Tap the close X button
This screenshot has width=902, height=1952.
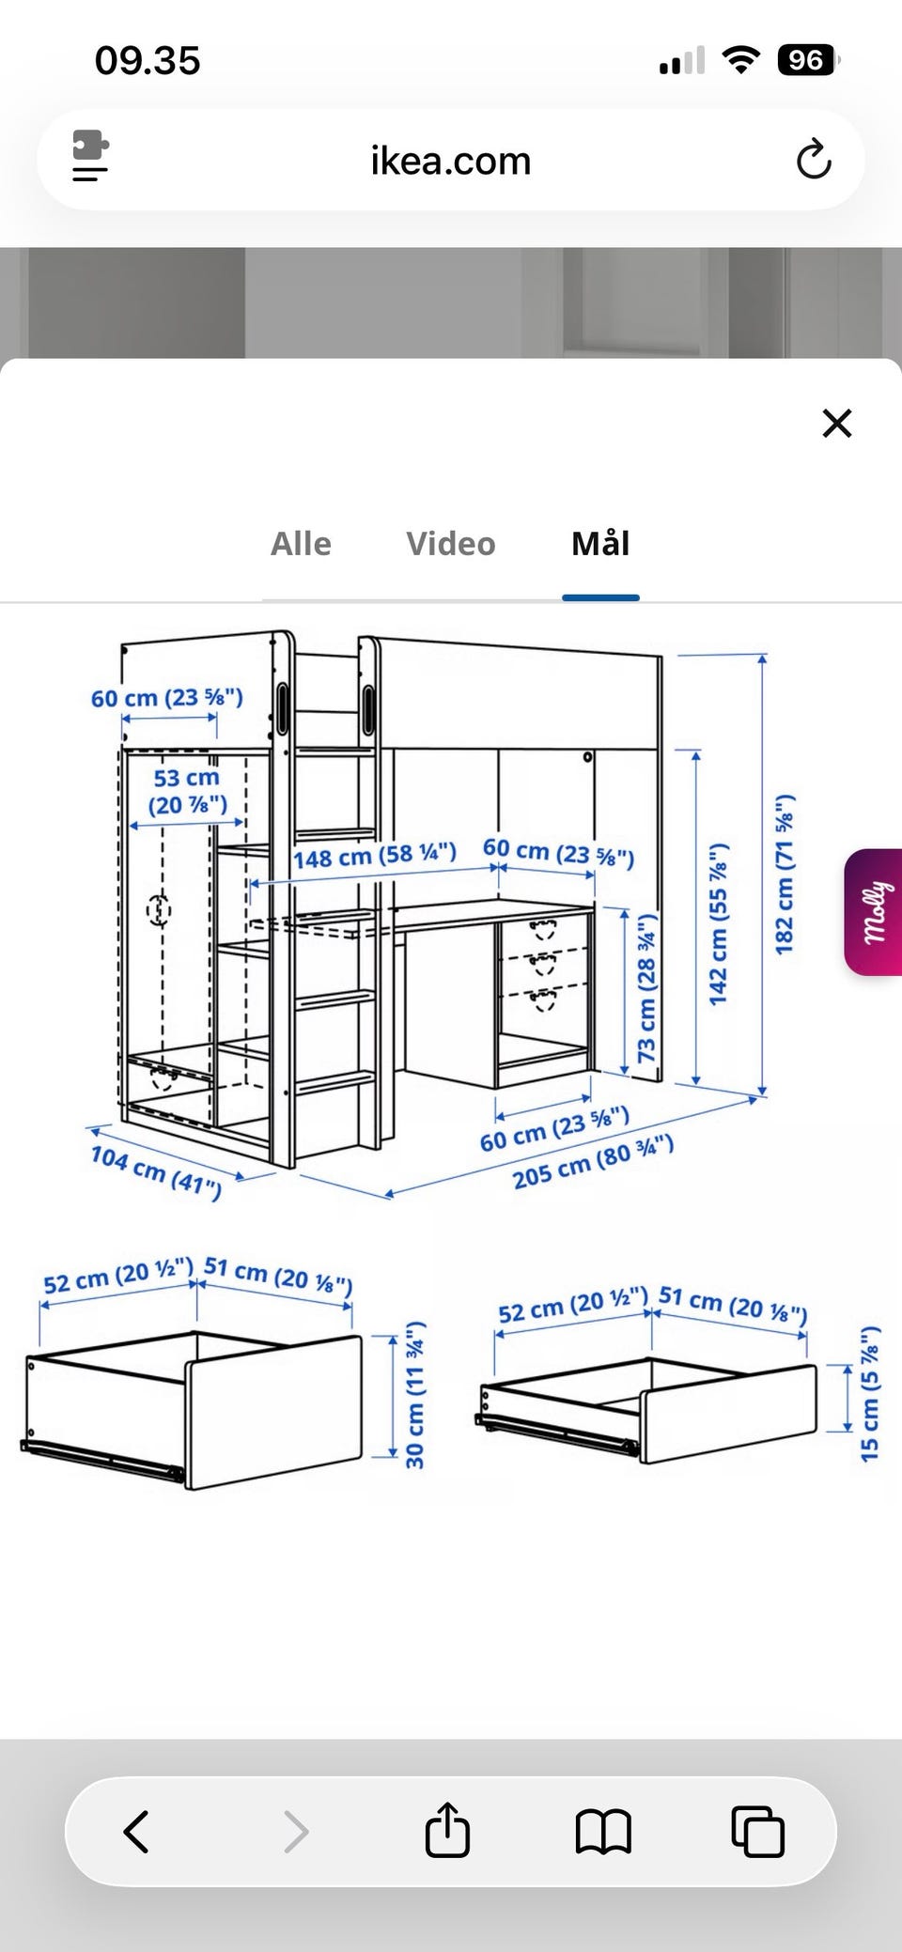[836, 424]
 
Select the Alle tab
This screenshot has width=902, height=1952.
[301, 544]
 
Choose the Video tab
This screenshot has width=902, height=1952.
[451, 544]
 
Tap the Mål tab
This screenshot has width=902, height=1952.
[600, 544]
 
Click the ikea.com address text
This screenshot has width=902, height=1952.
[451, 161]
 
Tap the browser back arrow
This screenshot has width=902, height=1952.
[137, 1831]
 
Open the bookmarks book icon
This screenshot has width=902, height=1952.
[602, 1831]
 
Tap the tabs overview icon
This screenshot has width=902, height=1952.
[757, 1831]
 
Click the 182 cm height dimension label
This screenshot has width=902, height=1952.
[785, 874]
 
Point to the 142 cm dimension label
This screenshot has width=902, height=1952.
[719, 924]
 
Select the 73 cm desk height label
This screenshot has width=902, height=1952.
[647, 987]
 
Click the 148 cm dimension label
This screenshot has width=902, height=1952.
[374, 856]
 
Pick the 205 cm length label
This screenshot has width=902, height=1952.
[593, 1162]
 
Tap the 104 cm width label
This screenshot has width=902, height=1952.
[156, 1171]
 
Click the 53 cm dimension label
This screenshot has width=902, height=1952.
[187, 791]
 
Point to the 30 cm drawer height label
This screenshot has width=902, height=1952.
[414, 1395]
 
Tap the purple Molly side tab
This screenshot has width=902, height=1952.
[875, 912]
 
